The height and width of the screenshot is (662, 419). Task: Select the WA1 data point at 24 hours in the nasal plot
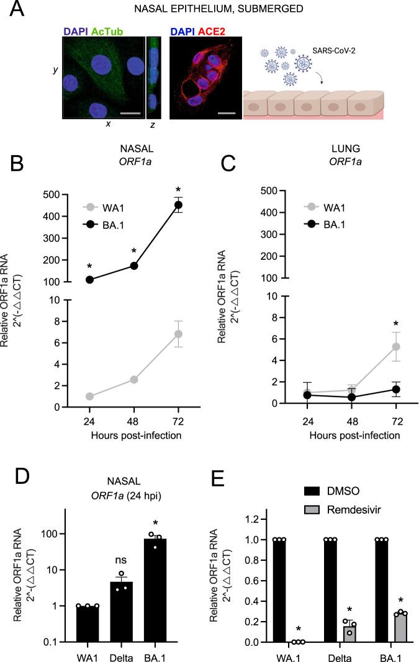coord(89,396)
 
